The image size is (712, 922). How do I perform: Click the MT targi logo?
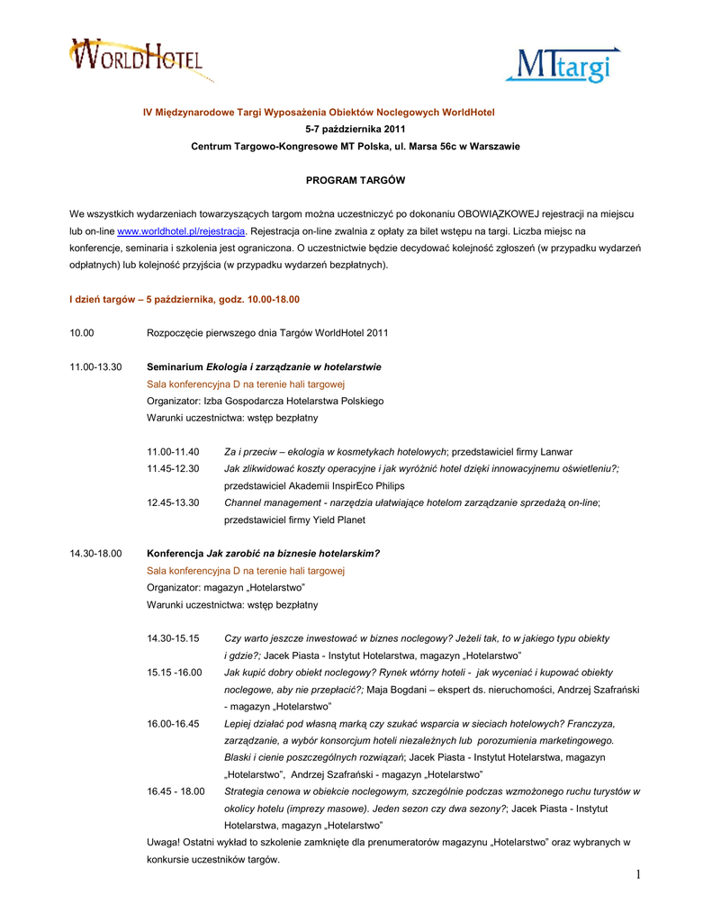tap(563, 65)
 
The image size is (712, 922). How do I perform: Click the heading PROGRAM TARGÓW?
tap(356, 180)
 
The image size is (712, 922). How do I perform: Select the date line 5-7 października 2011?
tap(356, 129)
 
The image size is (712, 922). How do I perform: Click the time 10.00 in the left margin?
tap(82, 333)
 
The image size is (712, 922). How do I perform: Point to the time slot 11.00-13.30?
tap(95, 366)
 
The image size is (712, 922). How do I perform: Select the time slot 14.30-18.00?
tap(95, 553)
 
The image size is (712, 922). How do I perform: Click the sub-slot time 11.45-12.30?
tap(173, 468)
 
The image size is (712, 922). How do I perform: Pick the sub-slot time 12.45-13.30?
tap(173, 502)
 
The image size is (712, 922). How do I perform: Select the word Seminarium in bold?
tap(175, 366)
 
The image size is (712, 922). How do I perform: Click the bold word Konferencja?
tap(176, 553)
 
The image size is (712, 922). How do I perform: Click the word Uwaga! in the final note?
tap(164, 842)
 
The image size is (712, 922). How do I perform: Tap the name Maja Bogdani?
tap(398, 689)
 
